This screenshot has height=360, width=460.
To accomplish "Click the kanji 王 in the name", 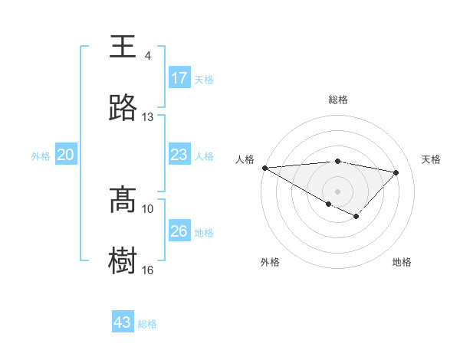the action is click(123, 47).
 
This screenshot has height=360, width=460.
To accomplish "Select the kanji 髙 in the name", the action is click(123, 200).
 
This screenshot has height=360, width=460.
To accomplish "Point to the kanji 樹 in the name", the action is click(123, 260).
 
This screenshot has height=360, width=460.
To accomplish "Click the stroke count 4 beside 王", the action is click(148, 56).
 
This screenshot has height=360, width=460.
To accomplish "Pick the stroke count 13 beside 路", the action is click(148, 117).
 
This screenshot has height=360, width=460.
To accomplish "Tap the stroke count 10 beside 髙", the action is click(148, 208).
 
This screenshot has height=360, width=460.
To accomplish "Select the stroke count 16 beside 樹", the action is click(148, 270).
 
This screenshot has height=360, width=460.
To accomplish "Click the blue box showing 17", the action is click(179, 78).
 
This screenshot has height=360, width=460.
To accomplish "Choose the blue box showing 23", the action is click(179, 155).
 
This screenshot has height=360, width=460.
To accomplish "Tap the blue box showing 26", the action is click(179, 231).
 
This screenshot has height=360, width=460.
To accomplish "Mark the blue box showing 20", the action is click(66, 155).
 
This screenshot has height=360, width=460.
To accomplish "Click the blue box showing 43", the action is click(123, 322).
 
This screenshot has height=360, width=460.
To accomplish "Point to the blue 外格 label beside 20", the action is click(41, 155).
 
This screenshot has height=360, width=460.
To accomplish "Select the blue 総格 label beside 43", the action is click(147, 323).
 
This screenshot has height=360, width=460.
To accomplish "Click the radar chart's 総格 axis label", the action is click(338, 100).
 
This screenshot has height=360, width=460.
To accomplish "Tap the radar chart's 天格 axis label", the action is click(432, 159).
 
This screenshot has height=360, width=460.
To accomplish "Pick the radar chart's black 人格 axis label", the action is click(245, 159).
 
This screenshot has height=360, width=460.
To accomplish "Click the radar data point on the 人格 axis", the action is click(264, 168).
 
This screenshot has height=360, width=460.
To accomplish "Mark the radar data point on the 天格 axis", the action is click(396, 172).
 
